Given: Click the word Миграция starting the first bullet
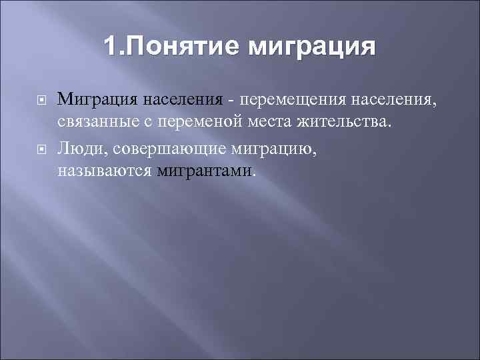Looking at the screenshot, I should pos(97,100).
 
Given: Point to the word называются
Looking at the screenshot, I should pos(105,171).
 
